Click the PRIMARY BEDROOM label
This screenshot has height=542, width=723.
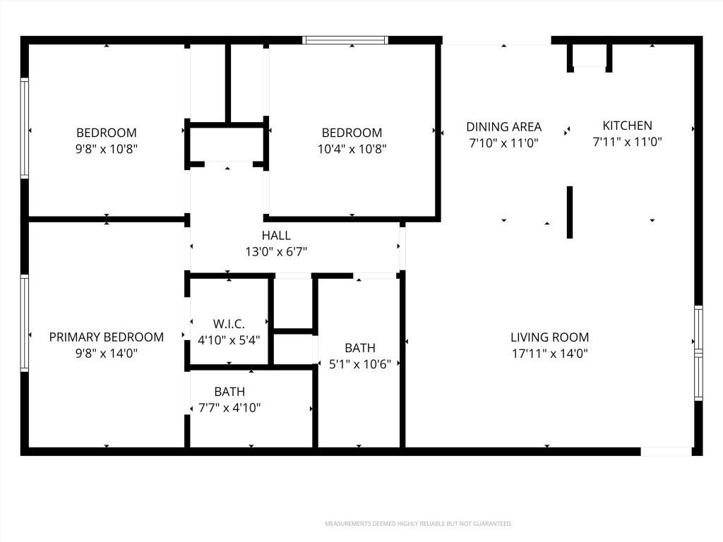pos(106,337)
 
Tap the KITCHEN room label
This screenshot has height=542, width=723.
pos(627,126)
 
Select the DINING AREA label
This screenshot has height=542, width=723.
pos(503,127)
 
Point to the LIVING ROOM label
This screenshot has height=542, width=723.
pos(549,337)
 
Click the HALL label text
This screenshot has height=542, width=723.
pos(276,236)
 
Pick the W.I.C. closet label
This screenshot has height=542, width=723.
pos(229,323)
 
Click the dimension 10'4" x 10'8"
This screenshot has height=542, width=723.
pos(352,149)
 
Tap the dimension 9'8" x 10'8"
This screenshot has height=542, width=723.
pos(107,149)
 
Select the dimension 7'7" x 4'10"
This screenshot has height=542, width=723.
pos(229,408)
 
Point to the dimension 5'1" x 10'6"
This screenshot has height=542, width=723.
pos(359,364)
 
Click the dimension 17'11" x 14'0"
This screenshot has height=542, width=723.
pos(549,354)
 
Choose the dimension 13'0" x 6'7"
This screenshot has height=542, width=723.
pos(276,252)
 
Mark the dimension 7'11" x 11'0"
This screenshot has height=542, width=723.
pos(627,141)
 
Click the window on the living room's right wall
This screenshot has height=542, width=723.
pos(698,353)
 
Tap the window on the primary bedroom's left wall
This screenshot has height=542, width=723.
pos(25,323)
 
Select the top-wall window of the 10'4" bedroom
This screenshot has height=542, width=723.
pos(345,40)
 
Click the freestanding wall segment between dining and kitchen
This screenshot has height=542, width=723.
pos(570,212)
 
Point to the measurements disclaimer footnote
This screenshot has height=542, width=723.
pos(419,524)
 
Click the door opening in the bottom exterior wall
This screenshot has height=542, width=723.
pos(667,452)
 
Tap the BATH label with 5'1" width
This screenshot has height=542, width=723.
pos(359,348)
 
